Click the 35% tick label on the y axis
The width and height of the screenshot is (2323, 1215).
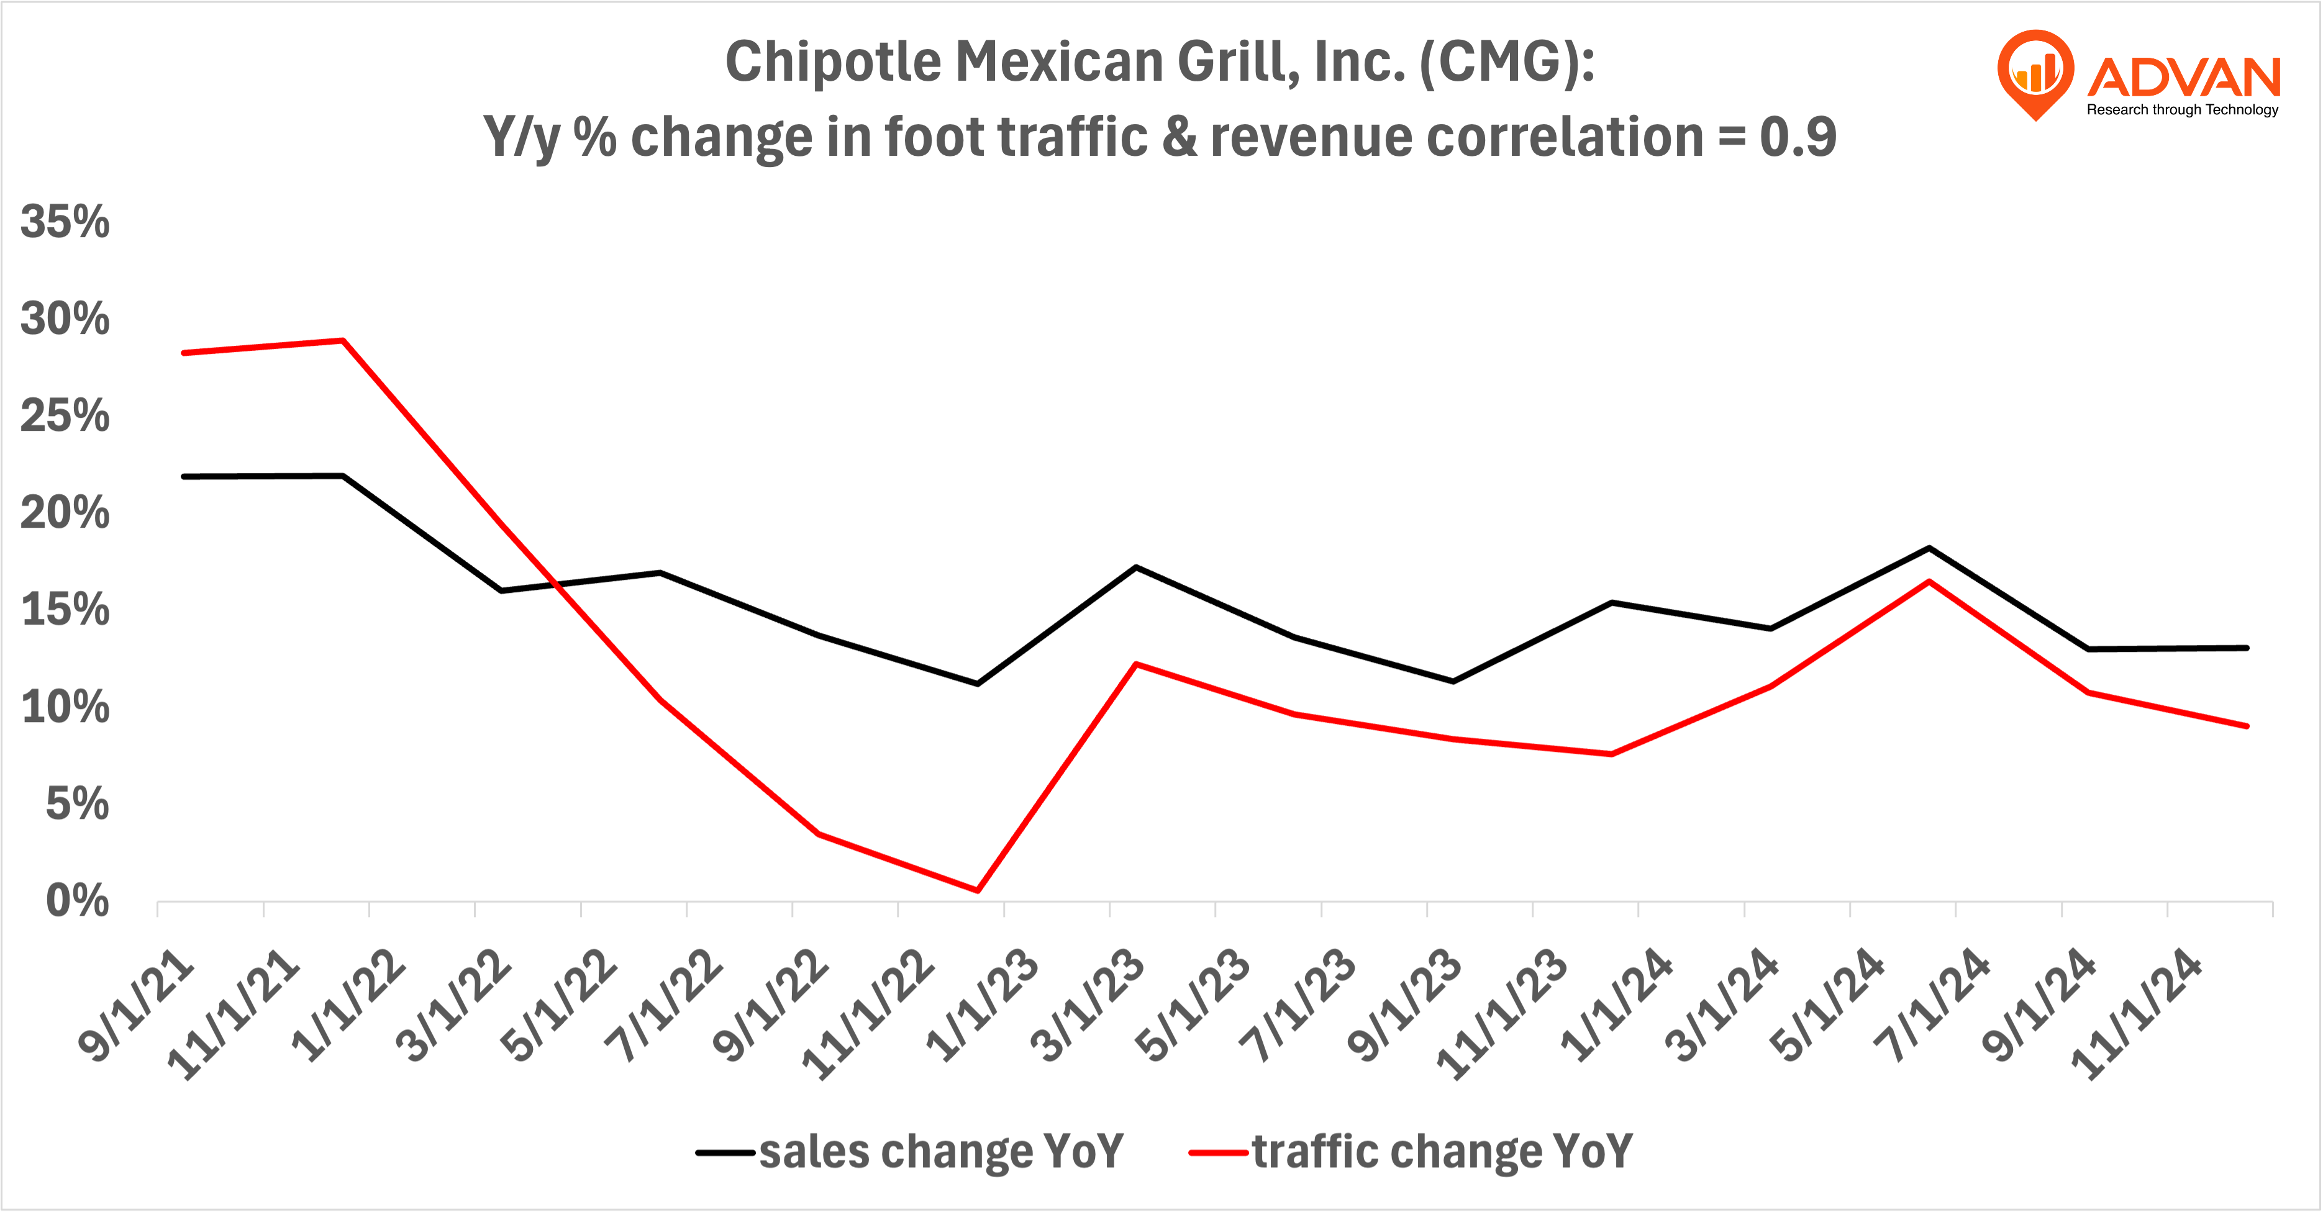click(x=65, y=222)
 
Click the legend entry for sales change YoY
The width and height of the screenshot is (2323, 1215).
click(x=911, y=1151)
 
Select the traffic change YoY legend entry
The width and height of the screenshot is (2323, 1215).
click(x=1411, y=1151)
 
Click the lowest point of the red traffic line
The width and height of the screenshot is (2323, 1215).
click(x=978, y=890)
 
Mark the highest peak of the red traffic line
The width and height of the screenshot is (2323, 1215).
click(x=343, y=341)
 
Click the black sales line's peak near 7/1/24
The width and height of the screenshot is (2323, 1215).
click(x=1929, y=548)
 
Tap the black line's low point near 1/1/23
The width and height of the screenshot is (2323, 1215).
click(x=978, y=683)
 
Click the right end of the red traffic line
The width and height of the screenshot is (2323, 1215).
click(x=2247, y=726)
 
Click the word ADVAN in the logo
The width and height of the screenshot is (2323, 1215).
click(x=2183, y=78)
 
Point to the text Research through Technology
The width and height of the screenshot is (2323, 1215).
click(x=2183, y=110)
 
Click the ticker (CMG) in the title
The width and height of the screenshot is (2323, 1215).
click(x=1507, y=63)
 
